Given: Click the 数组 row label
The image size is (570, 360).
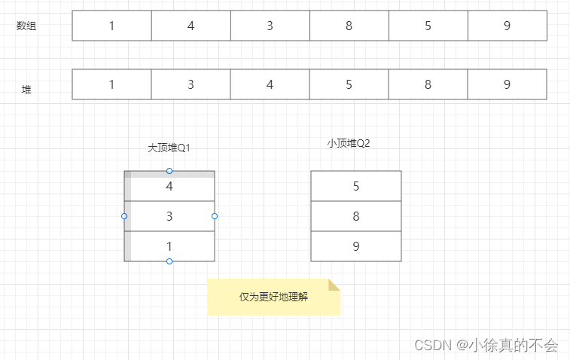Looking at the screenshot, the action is [x=26, y=26].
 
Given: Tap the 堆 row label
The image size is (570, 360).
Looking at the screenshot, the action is [x=26, y=90].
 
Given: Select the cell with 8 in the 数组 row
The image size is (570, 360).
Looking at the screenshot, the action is [x=349, y=26].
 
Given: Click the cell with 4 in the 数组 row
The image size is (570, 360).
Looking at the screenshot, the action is [x=191, y=26].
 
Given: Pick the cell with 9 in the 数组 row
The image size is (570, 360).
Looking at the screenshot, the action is [x=507, y=26].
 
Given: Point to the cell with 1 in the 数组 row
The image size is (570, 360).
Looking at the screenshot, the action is [x=111, y=26].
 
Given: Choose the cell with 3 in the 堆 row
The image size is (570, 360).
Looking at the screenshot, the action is [x=191, y=84].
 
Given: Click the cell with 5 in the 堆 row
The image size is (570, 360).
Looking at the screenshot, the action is [x=349, y=84].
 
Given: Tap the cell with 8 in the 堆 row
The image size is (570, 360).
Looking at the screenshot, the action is [x=428, y=84].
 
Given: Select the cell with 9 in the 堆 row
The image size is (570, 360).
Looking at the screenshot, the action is [x=507, y=84].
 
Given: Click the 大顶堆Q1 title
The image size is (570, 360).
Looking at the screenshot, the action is [x=169, y=148].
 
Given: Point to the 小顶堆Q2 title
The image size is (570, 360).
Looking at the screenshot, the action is [x=349, y=143].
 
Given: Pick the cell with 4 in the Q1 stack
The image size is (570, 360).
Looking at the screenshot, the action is [x=169, y=187].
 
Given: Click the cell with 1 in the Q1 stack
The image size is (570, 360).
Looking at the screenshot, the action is [x=169, y=246].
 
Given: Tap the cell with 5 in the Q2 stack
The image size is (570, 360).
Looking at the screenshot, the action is [x=355, y=186].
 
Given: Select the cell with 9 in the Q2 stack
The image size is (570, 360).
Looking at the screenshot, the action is [x=355, y=246].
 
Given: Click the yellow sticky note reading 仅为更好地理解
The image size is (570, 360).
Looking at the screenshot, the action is [x=273, y=297].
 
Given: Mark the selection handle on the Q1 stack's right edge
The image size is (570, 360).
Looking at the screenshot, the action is [x=215, y=216].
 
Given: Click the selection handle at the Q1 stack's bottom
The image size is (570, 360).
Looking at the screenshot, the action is [x=169, y=261].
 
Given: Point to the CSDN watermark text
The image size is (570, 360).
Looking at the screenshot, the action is [x=486, y=346].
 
